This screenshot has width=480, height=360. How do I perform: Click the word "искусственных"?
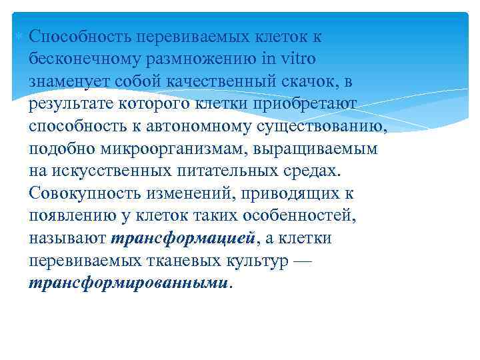(101, 171)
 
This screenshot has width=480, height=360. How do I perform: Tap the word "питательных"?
(212, 171)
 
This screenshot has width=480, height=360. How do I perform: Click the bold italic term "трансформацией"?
(183, 239)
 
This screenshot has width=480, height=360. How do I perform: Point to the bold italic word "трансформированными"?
(129, 283)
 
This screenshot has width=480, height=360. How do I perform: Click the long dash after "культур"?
(302, 261)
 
